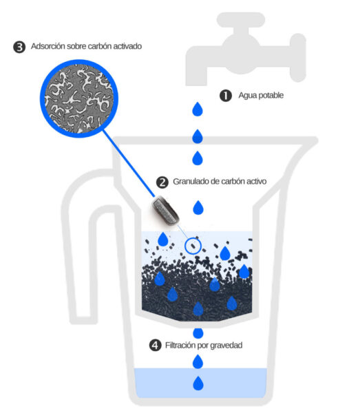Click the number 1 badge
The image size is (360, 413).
[x=226, y=96]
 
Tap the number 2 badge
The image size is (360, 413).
[x=162, y=182]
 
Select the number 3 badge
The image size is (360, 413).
[x=19, y=47]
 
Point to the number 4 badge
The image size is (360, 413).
[x=155, y=346]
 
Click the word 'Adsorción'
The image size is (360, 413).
[x=48, y=46]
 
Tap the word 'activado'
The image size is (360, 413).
[x=127, y=46]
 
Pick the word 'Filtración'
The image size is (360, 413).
[x=180, y=345]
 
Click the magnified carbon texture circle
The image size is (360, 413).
[x=79, y=98]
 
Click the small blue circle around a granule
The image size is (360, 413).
[x=193, y=246]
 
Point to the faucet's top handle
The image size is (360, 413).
[x=241, y=20]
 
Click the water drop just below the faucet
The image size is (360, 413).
[x=198, y=109]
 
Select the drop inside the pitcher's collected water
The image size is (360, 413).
[x=198, y=383]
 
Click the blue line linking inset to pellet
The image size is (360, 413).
[x=129, y=164]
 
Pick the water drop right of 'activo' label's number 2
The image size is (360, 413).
[x=198, y=208]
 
